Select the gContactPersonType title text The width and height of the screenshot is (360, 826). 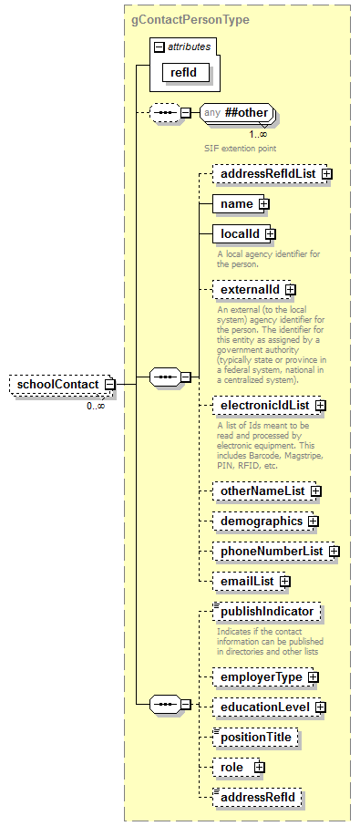click(190, 19)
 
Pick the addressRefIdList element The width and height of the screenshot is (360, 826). click(264, 173)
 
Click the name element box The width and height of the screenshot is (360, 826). click(236, 204)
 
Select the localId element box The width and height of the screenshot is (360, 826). click(238, 235)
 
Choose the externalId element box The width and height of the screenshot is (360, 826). click(248, 290)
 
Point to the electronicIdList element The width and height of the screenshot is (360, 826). click(262, 405)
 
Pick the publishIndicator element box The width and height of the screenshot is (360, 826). click(266, 612)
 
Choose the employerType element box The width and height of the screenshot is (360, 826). click(259, 677)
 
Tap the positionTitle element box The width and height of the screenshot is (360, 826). click(256, 737)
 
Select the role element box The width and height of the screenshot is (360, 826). click(232, 768)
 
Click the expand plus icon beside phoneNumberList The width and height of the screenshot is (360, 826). click(334, 552)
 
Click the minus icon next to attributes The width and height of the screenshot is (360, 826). click(159, 46)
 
